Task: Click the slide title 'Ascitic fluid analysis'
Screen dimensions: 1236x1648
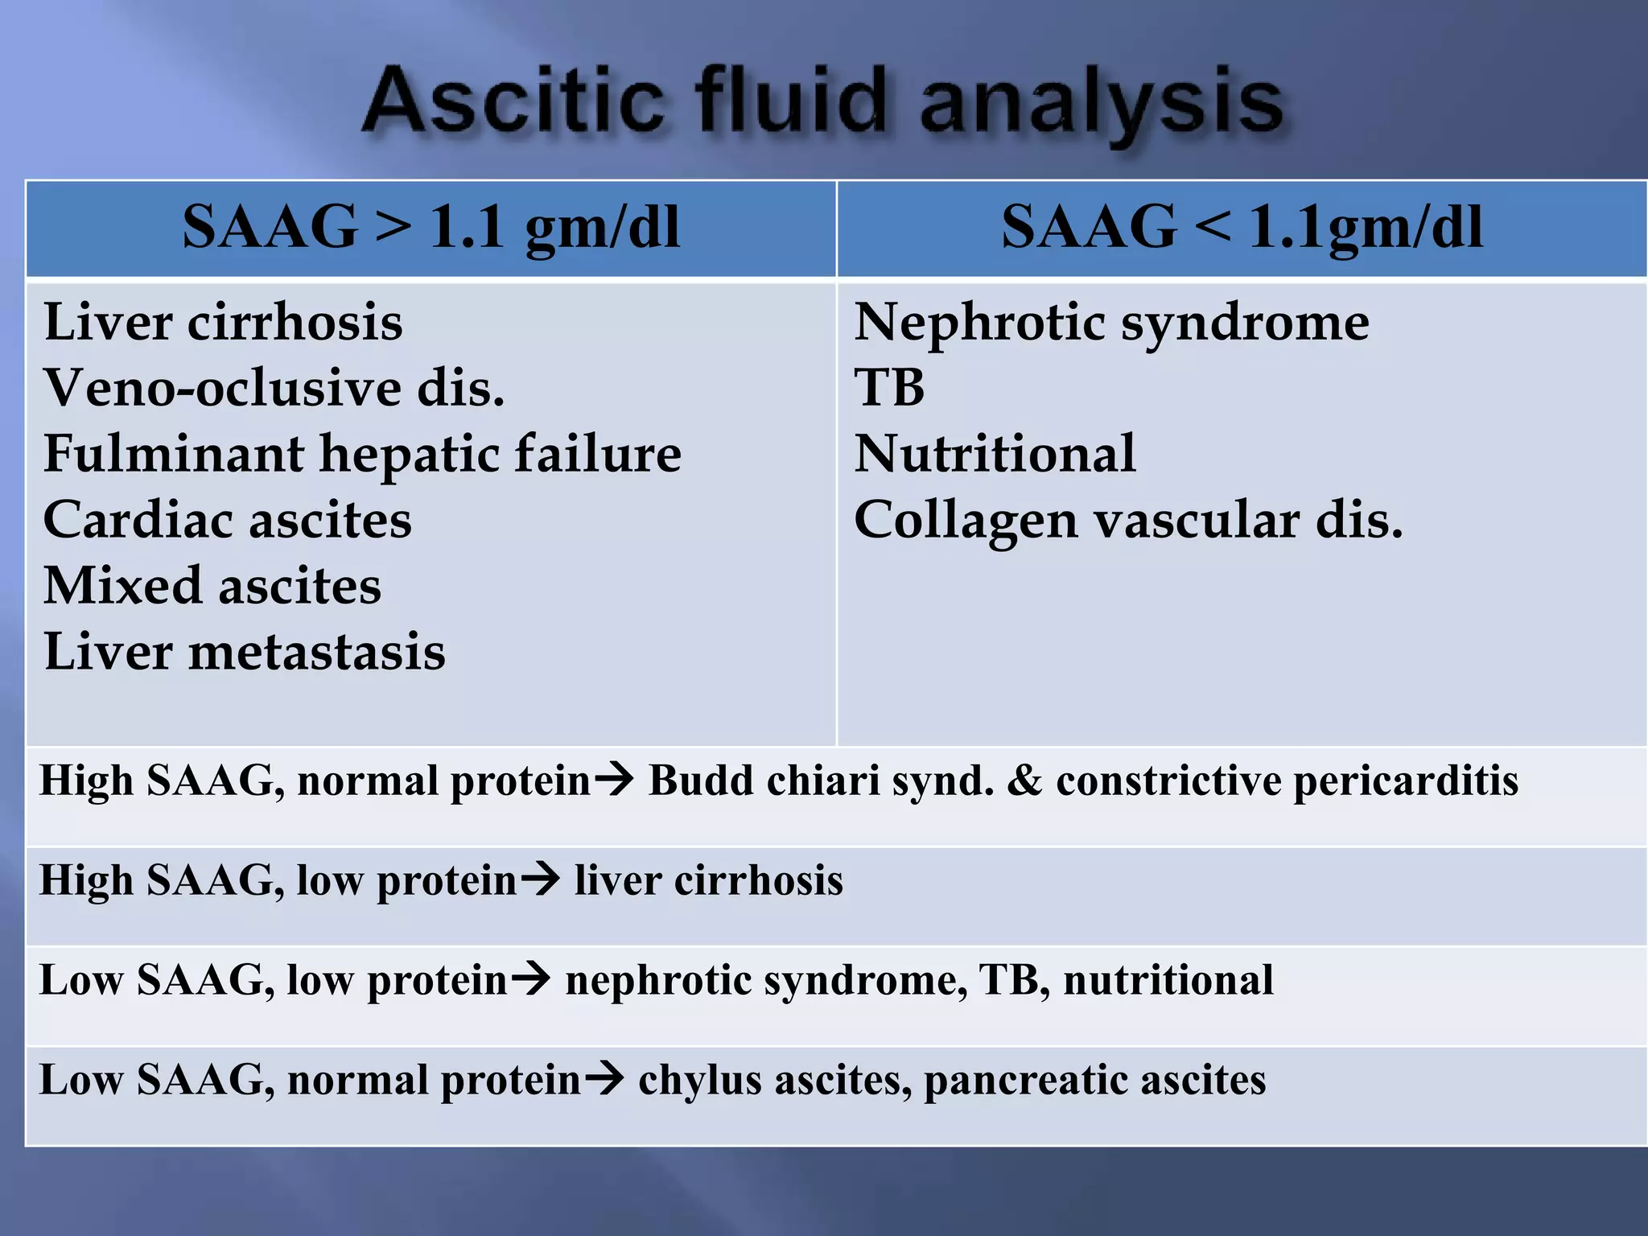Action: click(x=822, y=103)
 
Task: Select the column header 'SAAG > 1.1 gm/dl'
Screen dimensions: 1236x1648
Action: click(x=431, y=228)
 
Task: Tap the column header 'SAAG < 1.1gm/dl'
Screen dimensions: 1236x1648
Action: click(x=1242, y=228)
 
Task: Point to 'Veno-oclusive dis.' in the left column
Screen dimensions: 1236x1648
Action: click(x=274, y=388)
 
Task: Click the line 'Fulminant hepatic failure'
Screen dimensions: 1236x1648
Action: click(x=362, y=454)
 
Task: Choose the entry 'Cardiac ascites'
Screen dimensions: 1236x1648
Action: click(x=227, y=520)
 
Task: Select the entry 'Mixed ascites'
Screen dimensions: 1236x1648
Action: click(x=212, y=586)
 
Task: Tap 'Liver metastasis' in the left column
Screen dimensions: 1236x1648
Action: click(x=245, y=652)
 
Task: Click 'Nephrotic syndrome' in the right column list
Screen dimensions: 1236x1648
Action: click(x=1111, y=323)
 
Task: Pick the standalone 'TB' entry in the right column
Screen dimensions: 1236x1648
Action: click(x=889, y=388)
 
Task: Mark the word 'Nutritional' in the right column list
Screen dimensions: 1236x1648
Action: click(x=995, y=454)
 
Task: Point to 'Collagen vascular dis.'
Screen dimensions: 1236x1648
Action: click(x=1128, y=520)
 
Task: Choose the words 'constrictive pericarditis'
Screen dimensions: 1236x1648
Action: click(x=1287, y=781)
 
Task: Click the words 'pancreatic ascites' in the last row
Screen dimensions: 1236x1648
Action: click(x=1094, y=1080)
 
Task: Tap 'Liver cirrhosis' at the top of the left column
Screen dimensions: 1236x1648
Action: click(x=223, y=323)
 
